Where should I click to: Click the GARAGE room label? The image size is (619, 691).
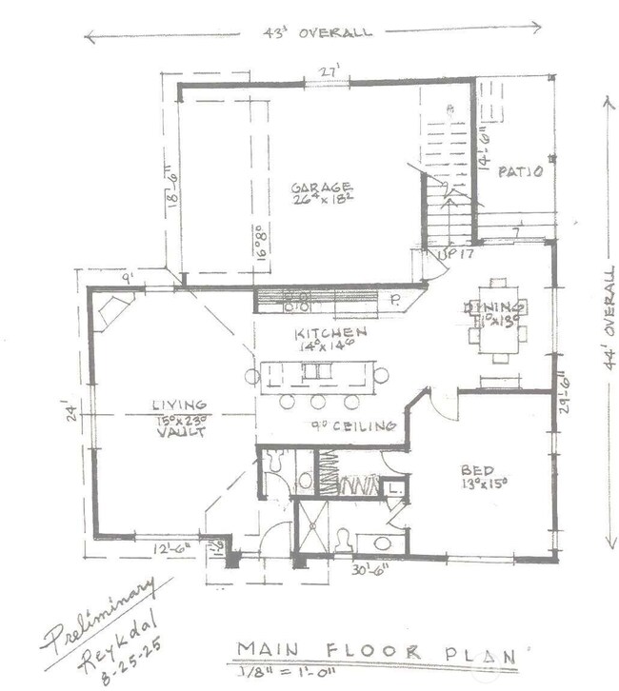(322, 188)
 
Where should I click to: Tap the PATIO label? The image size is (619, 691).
(521, 172)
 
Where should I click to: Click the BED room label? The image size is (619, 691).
(477, 470)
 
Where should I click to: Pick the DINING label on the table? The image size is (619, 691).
(494, 307)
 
